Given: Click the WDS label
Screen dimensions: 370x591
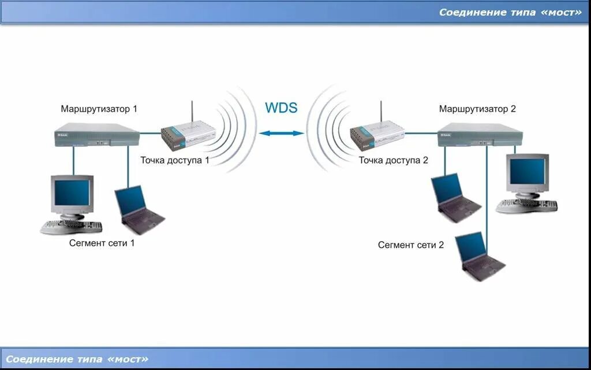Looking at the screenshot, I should tap(281, 108).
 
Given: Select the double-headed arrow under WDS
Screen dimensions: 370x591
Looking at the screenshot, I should tap(281, 134).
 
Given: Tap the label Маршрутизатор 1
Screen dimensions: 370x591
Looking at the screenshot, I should tap(99, 109).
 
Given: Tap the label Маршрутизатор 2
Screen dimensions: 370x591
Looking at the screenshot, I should tap(477, 109).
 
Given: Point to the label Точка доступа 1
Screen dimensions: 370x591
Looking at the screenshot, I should tap(175, 160).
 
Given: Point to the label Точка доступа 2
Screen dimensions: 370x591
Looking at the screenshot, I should tap(393, 160).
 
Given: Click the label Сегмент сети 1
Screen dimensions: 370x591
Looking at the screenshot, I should tap(102, 243).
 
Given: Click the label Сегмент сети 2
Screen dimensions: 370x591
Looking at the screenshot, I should tap(411, 245).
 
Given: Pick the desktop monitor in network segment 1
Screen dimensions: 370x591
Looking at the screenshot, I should tap(72, 195).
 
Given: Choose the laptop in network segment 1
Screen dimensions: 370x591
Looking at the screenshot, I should tap(137, 209).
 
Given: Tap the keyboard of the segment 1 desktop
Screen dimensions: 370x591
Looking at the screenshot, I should tap(71, 227).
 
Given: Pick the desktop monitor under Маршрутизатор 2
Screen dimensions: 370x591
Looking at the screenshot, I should tap(527, 173).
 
